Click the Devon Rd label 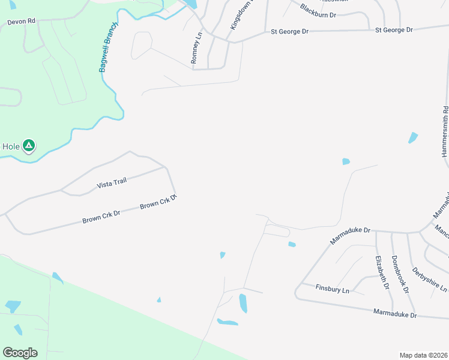tap(21, 22)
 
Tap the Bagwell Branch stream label tap(109, 48)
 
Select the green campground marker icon tap(29, 145)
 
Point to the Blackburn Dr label tap(318, 11)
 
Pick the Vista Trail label tap(112, 184)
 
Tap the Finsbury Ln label tap(333, 289)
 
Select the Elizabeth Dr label tap(381, 272)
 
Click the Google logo tap(20, 353)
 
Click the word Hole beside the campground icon tap(11, 146)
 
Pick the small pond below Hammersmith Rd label tap(413, 138)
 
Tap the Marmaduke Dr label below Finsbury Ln tap(394, 313)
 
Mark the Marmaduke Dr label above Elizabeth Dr tap(351, 235)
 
